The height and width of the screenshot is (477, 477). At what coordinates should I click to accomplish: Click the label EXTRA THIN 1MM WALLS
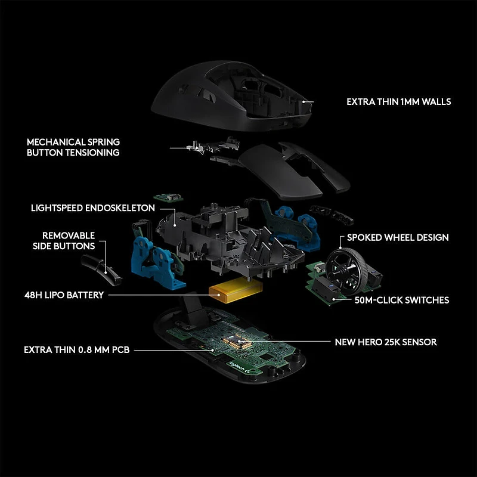pos(398,102)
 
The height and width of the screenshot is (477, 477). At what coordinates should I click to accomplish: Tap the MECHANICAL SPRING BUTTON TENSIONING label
pos(73,147)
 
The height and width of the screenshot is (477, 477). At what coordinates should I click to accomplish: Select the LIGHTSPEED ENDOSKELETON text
pos(93,208)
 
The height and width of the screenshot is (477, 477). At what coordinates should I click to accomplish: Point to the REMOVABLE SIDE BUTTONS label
pos(69,241)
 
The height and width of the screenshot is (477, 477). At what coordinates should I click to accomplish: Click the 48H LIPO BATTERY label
pos(65,295)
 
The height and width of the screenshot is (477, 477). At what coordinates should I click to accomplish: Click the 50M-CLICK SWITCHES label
pos(402,300)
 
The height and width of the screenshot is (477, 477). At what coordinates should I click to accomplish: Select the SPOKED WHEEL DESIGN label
pos(398,237)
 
